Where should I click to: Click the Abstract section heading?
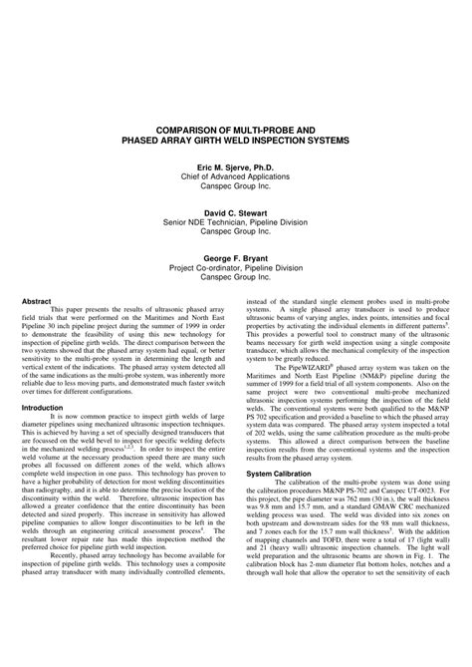tap(37, 299)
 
